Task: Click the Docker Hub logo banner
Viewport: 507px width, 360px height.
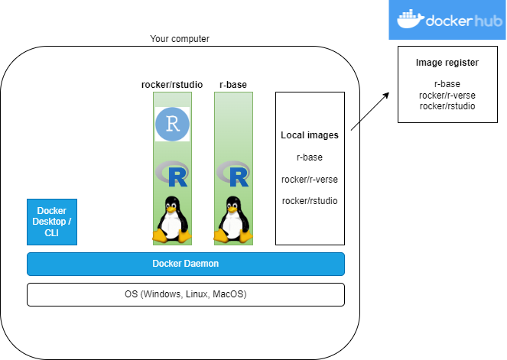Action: [x=447, y=20]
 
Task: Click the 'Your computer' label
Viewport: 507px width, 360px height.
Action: [x=180, y=39]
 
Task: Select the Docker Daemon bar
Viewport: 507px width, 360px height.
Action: [x=186, y=264]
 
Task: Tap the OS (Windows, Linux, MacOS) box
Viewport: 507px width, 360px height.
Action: [x=186, y=294]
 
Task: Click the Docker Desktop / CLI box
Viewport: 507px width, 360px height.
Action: [x=52, y=222]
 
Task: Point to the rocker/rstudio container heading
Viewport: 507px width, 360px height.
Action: [x=171, y=84]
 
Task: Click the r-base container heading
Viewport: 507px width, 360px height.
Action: [x=232, y=84]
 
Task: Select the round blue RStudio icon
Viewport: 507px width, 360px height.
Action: [x=172, y=125]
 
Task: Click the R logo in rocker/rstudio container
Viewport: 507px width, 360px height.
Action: [x=172, y=175]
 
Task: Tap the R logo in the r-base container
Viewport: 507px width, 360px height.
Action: [x=233, y=175]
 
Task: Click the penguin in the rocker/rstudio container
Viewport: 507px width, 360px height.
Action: [x=172, y=219]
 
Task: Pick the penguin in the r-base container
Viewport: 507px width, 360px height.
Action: [x=233, y=219]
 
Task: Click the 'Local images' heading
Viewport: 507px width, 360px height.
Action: [x=310, y=135]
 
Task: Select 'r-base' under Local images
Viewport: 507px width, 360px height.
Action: [x=310, y=157]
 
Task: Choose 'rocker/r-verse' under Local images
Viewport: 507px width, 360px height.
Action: [x=310, y=179]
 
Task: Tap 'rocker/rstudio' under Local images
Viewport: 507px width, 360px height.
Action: [x=310, y=200]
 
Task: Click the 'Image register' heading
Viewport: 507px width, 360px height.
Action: [x=447, y=62]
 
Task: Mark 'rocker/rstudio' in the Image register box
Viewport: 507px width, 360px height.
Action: [x=447, y=105]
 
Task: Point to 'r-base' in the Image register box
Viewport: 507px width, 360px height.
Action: [x=447, y=84]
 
